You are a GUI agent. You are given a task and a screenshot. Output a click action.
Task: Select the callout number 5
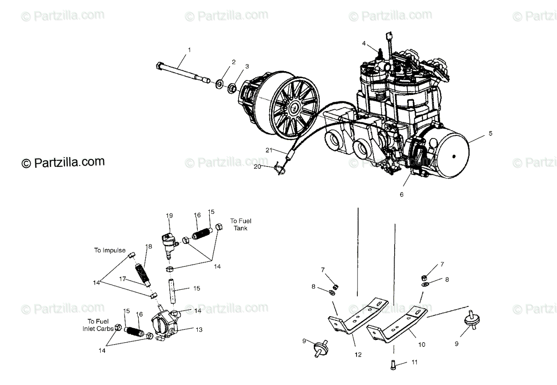pos(491,133)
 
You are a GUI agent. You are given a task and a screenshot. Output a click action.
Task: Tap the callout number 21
pos(268,150)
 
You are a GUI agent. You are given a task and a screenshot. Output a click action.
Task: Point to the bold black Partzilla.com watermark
pos(63,162)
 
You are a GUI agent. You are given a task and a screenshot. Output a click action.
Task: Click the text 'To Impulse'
pos(110,250)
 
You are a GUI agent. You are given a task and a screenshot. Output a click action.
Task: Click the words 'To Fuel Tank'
pos(240,225)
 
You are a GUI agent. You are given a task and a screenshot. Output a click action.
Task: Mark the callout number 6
pos(402,194)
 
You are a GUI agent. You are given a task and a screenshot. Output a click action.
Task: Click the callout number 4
pos(364,44)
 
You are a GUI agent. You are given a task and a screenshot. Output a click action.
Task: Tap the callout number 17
pos(123,279)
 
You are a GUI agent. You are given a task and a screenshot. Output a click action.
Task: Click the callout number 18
pos(149,246)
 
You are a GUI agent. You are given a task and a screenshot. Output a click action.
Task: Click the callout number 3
pos(247,66)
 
